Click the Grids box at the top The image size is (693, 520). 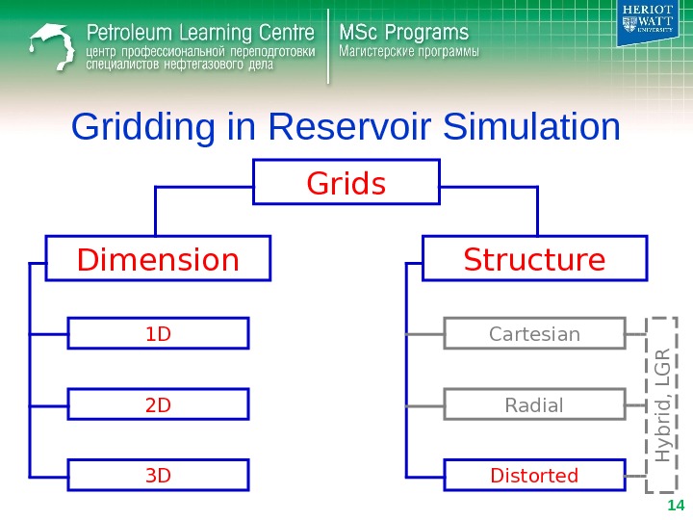tap(346, 182)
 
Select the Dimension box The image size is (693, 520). tap(159, 260)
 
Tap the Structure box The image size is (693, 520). tap(534, 260)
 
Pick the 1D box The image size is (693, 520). tap(158, 334)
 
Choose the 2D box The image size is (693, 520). tap(158, 404)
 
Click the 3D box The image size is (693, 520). tap(158, 475)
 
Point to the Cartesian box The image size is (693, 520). tap(534, 334)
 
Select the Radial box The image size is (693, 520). tap(534, 404)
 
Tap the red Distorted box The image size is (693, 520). tap(534, 475)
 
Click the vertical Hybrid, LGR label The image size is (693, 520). tap(664, 398)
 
